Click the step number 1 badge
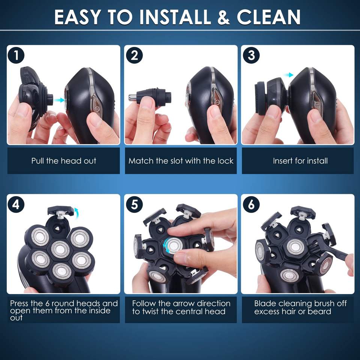16,55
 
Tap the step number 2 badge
134,55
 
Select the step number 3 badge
251,55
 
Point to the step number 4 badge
16,204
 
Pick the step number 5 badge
134,204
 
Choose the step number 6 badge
251,204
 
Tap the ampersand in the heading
223,17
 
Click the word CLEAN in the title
268,17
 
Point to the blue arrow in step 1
59,100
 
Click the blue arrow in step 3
288,75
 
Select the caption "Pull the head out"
64,161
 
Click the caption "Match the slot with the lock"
181,161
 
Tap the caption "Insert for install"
300,161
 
